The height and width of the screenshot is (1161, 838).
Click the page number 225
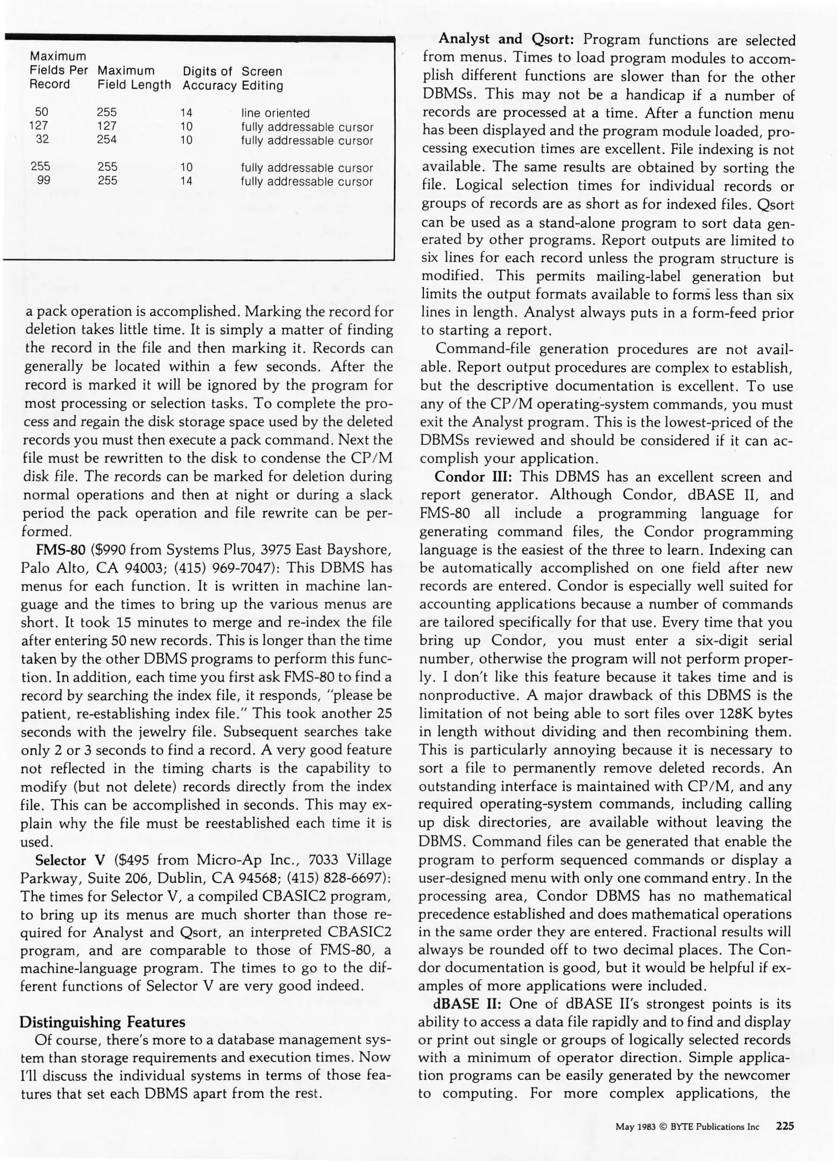[x=785, y=1126]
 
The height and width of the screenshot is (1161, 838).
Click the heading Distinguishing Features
[x=102, y=1021]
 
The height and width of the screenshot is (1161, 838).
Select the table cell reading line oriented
[x=275, y=113]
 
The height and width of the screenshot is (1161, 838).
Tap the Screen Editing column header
[x=262, y=78]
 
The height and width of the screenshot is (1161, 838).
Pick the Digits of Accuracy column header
[x=209, y=78]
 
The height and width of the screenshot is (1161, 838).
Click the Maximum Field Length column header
[x=134, y=78]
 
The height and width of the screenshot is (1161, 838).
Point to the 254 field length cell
[x=107, y=140]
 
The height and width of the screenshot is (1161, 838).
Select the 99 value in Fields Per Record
[x=44, y=181]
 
